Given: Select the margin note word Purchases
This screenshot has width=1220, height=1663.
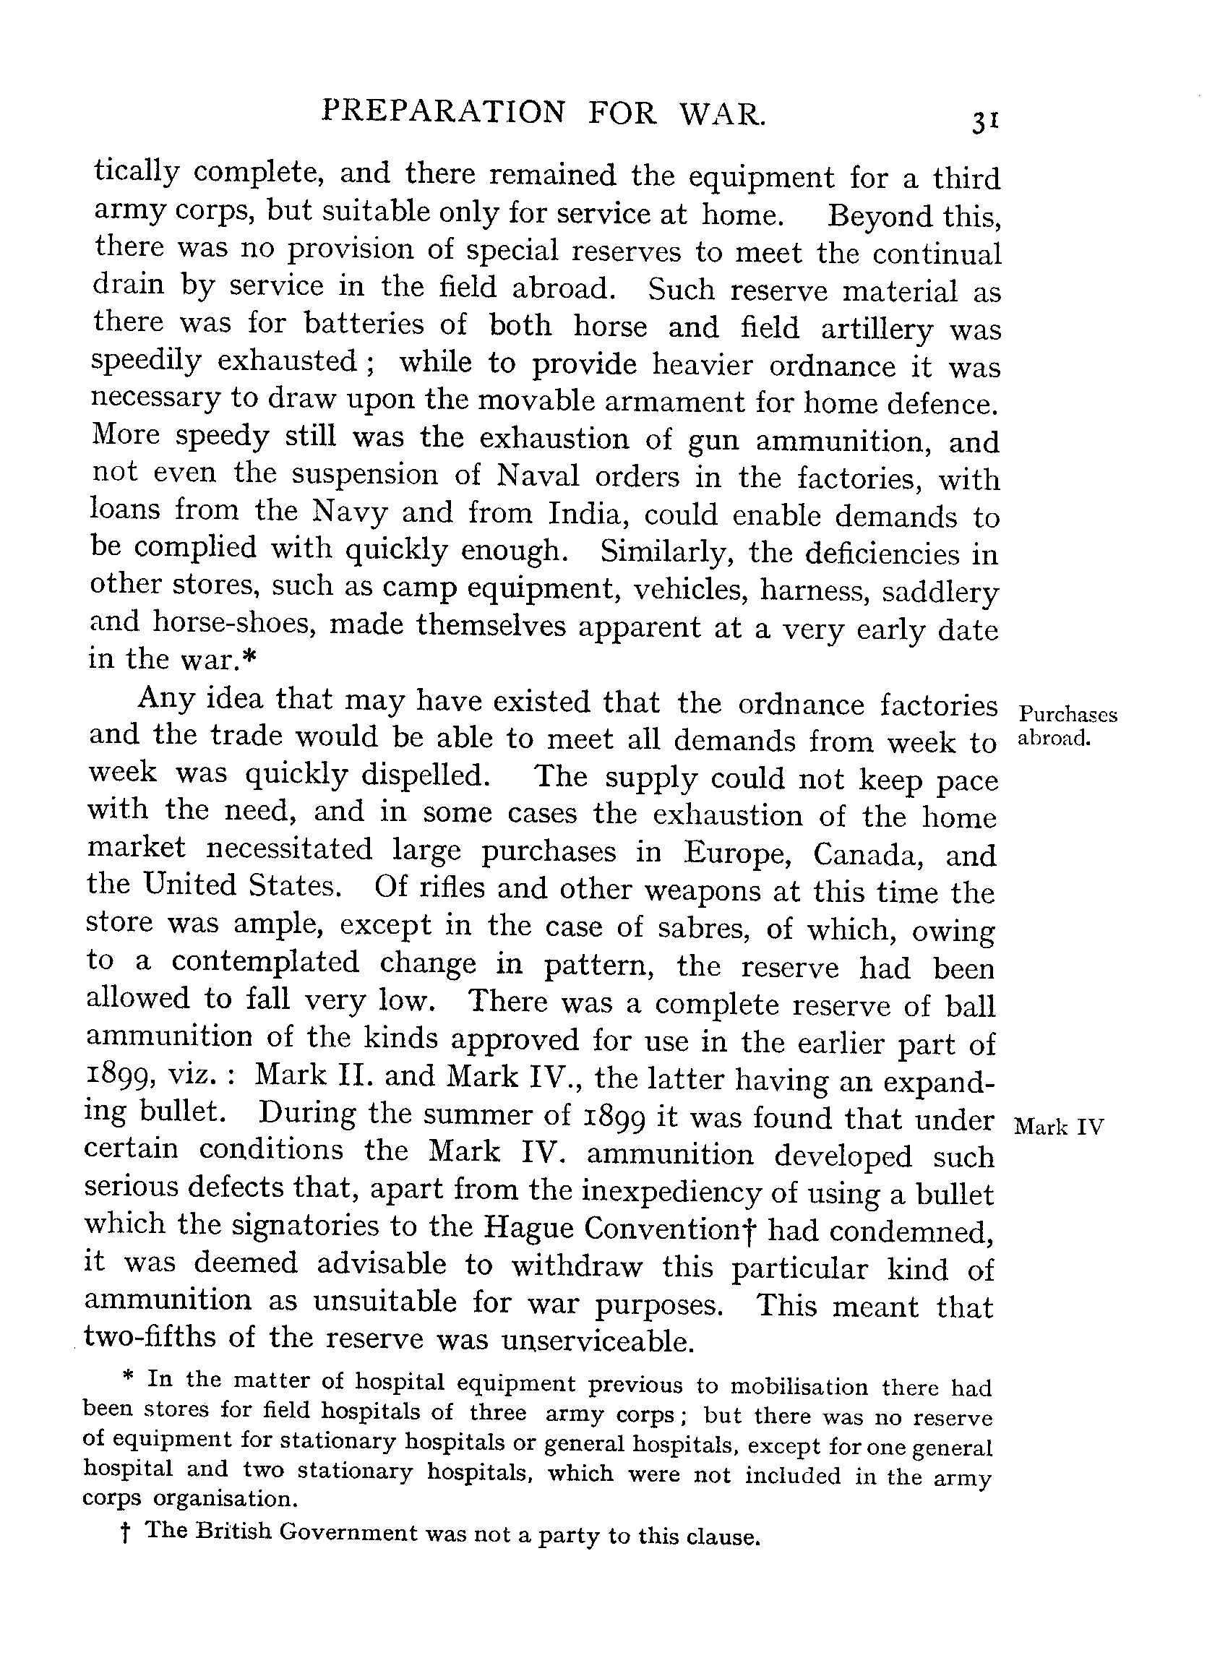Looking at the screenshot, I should click(x=1067, y=715).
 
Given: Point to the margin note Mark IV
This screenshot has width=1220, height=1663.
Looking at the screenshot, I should click(x=1059, y=1127).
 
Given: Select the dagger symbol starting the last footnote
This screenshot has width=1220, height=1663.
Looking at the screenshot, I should click(x=125, y=1534).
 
